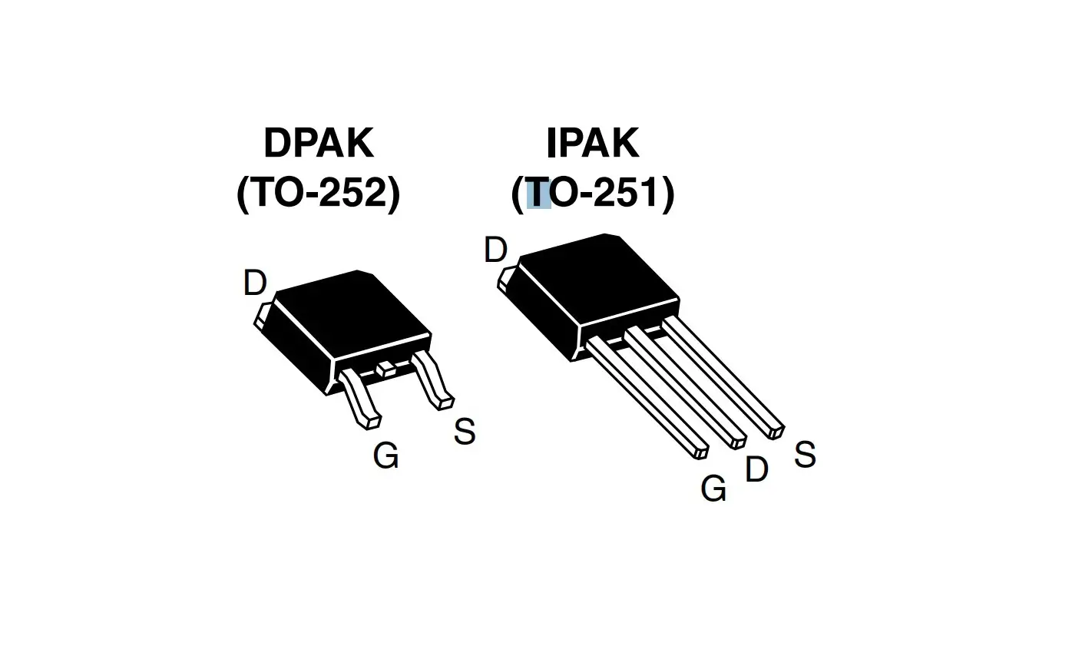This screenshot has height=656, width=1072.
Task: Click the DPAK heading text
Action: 319,143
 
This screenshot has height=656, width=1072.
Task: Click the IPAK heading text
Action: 592,143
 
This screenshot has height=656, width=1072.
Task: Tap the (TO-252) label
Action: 319,192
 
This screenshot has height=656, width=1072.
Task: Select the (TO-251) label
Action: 592,192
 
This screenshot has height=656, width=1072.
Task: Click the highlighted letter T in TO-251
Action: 539,193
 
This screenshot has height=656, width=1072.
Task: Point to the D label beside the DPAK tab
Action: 254,283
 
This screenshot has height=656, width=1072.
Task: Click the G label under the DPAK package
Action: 385,456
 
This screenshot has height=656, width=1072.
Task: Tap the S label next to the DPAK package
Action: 464,432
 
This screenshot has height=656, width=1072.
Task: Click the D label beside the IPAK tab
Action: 495,250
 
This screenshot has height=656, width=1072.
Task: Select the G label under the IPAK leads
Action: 713,489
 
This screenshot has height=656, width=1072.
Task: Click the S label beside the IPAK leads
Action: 804,455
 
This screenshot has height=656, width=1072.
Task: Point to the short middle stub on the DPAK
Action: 385,369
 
